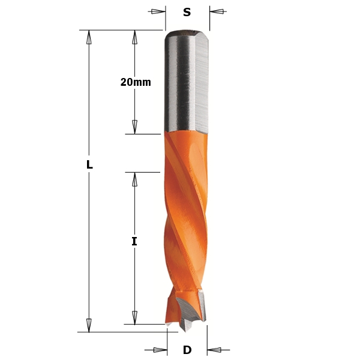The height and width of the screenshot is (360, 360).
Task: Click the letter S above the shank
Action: click(187, 11)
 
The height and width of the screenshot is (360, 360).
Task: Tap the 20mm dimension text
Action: click(135, 83)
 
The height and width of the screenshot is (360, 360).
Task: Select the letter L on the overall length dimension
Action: click(89, 164)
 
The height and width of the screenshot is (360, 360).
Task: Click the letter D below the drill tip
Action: click(187, 350)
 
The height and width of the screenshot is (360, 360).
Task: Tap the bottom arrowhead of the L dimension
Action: click(89, 325)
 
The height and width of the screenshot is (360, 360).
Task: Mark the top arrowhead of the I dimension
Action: click(134, 179)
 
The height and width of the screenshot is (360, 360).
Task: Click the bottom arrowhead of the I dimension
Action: click(134, 317)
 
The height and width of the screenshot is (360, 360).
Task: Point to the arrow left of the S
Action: click(158, 11)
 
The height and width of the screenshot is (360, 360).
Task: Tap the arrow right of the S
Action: click(216, 11)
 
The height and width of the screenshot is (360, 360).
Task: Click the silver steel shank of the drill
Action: click(186, 84)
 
